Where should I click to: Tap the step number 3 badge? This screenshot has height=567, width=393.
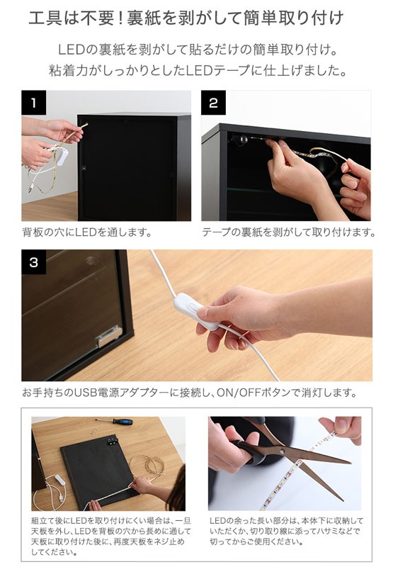(x=33, y=262)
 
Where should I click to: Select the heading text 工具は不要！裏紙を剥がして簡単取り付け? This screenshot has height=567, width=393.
(x=186, y=18)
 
